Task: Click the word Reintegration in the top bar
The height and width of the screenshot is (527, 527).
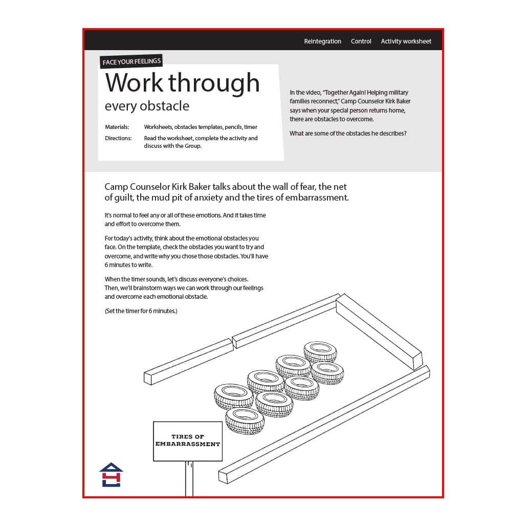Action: (322, 41)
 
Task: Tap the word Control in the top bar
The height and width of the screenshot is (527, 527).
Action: (361, 41)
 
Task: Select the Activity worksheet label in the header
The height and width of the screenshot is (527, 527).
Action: (406, 41)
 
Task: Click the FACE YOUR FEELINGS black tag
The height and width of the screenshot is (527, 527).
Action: (131, 62)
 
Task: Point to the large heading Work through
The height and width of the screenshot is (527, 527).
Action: (182, 82)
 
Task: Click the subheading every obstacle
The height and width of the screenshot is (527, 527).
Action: (147, 106)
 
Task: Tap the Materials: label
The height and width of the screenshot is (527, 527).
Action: (117, 127)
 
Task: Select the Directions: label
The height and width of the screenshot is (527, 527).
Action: (118, 138)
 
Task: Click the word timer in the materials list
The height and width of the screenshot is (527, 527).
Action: (251, 127)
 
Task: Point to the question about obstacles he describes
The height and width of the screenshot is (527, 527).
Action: (348, 134)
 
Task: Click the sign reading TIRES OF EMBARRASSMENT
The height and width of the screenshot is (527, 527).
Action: (188, 441)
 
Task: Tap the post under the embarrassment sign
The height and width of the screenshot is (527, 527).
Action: (189, 478)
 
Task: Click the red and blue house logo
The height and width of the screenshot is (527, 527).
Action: (111, 475)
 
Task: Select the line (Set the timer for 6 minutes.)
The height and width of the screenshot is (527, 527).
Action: (141, 311)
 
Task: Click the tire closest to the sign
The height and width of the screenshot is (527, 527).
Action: (245, 421)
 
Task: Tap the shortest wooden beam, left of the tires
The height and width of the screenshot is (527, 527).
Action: (188, 361)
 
